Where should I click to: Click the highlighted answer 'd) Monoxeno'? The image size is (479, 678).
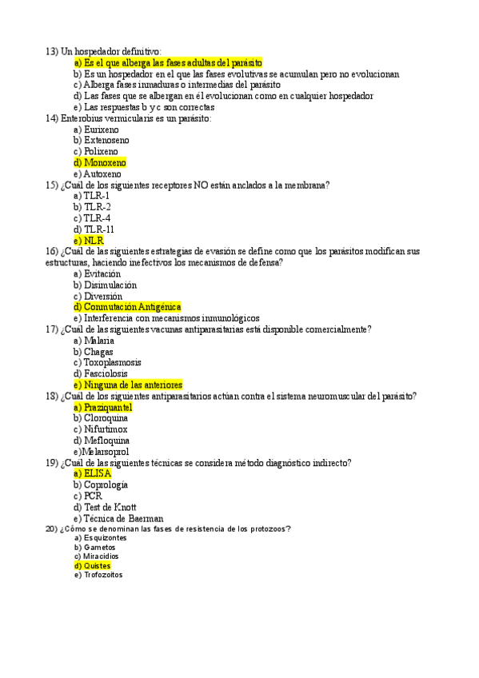click(x=99, y=162)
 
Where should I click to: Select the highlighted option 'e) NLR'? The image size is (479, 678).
click(x=88, y=240)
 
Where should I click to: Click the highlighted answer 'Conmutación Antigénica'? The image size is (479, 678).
click(x=132, y=306)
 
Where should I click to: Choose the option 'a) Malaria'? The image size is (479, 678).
click(x=94, y=340)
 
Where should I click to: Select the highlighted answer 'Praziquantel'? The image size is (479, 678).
click(x=107, y=407)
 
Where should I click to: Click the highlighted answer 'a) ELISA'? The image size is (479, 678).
click(x=92, y=473)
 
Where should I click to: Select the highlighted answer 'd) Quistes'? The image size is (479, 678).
click(x=92, y=565)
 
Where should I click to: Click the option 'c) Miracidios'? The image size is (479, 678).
click(x=96, y=556)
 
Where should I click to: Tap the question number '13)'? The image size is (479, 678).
click(x=52, y=51)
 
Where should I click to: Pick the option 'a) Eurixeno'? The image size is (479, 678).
click(x=96, y=129)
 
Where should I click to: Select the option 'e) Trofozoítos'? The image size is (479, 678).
click(x=98, y=575)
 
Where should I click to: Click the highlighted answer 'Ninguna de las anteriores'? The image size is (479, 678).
click(x=133, y=385)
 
